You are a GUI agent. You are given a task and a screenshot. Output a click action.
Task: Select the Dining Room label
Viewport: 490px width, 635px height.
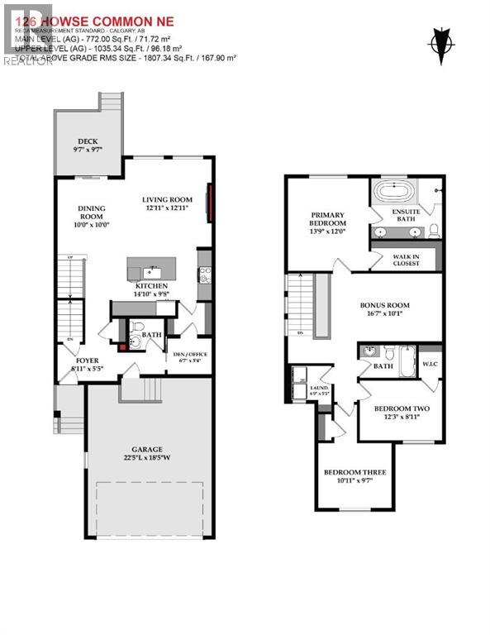[x=92, y=214]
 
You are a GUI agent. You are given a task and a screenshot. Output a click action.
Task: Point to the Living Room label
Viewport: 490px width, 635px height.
[x=166, y=199]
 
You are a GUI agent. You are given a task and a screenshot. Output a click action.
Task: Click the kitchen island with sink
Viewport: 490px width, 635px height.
[x=151, y=270]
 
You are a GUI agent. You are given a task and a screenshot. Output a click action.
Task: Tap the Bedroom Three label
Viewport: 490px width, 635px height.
[x=354, y=472]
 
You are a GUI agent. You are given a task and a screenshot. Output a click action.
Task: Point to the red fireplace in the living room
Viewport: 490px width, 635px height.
[x=211, y=203]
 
